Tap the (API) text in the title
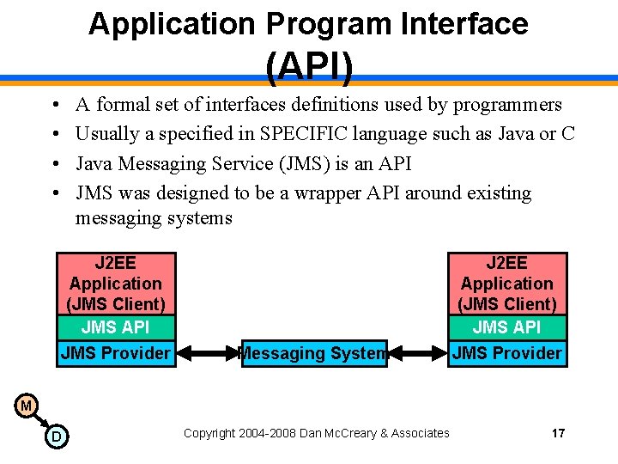[309, 67]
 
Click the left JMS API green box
[115, 327]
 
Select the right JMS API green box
[506, 327]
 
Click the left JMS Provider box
[115, 353]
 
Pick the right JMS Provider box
[506, 353]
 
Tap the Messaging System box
[314, 353]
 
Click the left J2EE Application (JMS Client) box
[115, 284]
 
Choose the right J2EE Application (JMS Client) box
[506, 284]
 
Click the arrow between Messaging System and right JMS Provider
[418, 352]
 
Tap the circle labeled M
[26, 405]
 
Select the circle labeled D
[56, 437]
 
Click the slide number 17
[558, 433]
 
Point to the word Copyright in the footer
[209, 433]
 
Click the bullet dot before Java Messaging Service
[54, 163]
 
